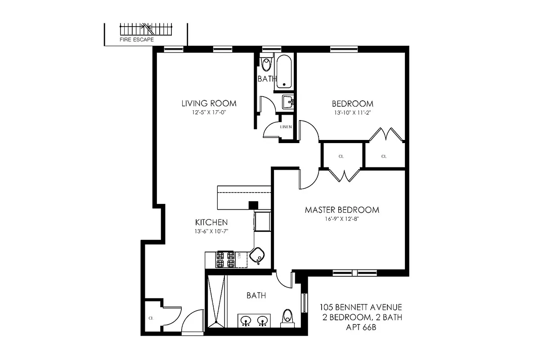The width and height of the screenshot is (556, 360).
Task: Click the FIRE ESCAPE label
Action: (137, 40)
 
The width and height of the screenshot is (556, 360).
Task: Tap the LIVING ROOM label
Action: (209, 103)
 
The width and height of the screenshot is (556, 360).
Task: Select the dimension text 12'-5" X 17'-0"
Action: (207, 113)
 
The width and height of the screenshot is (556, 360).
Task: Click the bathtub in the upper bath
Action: (284, 72)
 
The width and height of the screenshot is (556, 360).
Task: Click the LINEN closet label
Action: (286, 127)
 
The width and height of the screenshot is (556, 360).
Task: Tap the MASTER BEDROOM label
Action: (342, 210)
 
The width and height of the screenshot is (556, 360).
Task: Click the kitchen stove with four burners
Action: (225, 260)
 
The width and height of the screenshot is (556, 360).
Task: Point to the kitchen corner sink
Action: (258, 256)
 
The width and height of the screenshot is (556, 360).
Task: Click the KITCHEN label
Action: (211, 222)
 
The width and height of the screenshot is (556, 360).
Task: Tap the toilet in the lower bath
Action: (287, 318)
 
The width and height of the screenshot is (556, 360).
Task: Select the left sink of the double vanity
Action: (246, 321)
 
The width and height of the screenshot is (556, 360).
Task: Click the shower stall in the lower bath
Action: (216, 300)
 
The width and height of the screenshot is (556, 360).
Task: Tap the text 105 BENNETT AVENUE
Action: (361, 308)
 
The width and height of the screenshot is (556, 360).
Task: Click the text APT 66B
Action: (361, 328)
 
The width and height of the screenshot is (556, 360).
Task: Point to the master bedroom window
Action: (354, 272)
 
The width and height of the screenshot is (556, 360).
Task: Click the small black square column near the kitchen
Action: (253, 205)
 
